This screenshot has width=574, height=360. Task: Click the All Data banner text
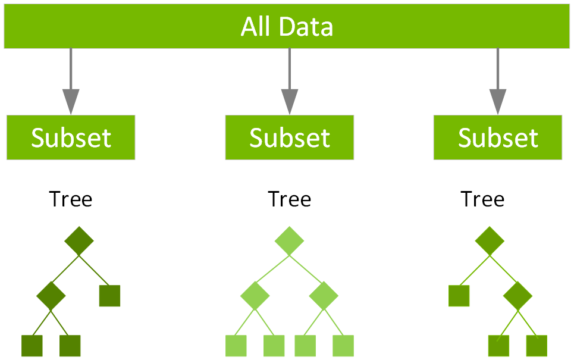pyautogui.click(x=287, y=27)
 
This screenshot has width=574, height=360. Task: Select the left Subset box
pyautogui.click(x=71, y=137)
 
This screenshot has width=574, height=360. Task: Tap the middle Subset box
pyautogui.click(x=289, y=137)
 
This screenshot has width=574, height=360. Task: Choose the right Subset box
pyautogui.click(x=497, y=137)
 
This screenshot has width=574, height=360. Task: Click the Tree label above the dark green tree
pyautogui.click(x=71, y=199)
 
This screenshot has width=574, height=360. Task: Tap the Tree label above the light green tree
pyautogui.click(x=289, y=199)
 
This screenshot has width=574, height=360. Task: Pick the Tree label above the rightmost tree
pyautogui.click(x=482, y=199)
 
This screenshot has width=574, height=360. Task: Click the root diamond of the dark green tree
pyautogui.click(x=79, y=241)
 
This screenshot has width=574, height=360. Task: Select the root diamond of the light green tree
pyautogui.click(x=289, y=241)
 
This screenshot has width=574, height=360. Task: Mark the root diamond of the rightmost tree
pyautogui.click(x=490, y=241)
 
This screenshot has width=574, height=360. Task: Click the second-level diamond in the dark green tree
pyautogui.click(x=51, y=295)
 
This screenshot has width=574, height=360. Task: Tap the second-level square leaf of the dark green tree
pyautogui.click(x=109, y=295)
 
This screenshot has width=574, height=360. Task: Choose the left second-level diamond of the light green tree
pyautogui.click(x=255, y=295)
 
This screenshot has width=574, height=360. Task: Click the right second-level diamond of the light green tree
pyautogui.click(x=324, y=295)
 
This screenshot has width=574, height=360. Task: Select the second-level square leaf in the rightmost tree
pyautogui.click(x=459, y=295)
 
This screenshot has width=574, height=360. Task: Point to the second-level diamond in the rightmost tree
pyautogui.click(x=517, y=295)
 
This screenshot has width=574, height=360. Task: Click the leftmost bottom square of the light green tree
pyautogui.click(x=236, y=346)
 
